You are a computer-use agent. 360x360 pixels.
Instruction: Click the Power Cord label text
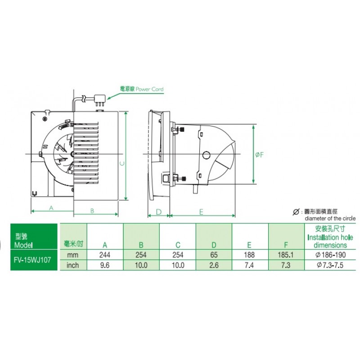[x=149, y=89]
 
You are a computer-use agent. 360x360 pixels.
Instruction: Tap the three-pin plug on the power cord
[x=99, y=100]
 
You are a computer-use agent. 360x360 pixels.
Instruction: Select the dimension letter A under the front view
[x=51, y=208]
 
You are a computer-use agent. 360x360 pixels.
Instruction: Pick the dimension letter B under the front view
[x=92, y=211]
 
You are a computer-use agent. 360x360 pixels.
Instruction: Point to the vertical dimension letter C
[x=122, y=163]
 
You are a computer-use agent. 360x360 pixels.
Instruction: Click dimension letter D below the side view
[x=159, y=212]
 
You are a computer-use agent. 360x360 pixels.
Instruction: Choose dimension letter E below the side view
[x=201, y=212]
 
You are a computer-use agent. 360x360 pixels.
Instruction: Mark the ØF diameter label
[x=260, y=155]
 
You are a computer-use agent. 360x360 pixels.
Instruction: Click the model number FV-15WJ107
[x=32, y=260]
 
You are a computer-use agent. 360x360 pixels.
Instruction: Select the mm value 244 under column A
[x=105, y=255]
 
